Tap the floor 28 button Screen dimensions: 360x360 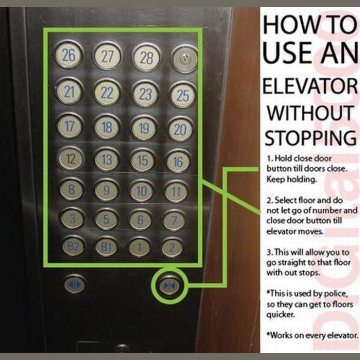[146, 57]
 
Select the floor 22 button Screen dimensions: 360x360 [107, 93]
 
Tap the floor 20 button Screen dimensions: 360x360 [180, 129]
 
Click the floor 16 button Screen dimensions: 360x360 [178, 161]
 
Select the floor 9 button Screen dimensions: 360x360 [107, 190]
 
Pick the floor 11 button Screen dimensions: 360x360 [176, 192]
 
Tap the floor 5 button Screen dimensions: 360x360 [106, 219]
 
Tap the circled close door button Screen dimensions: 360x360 [169, 286]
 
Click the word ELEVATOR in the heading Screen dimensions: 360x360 [310, 86]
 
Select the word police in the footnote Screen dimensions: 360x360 [335, 294]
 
